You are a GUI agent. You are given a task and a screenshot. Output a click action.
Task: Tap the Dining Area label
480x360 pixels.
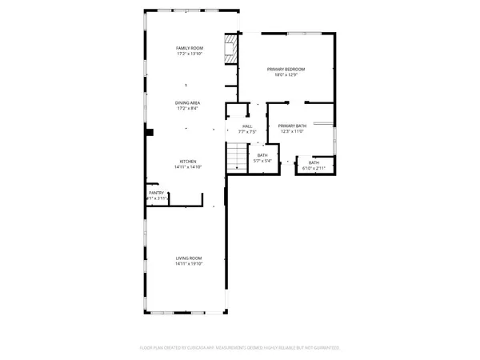tap(188, 103)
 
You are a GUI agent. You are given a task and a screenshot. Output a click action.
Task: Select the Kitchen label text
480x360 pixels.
tap(188, 161)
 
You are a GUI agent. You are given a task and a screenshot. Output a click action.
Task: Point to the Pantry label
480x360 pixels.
tap(156, 193)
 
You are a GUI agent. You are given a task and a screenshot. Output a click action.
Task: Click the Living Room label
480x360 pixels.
tap(188, 257)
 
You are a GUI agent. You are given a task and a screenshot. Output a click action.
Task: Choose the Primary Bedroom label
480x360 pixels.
tap(286, 70)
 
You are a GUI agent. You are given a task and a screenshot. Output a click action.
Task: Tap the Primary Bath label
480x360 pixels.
tap(292, 126)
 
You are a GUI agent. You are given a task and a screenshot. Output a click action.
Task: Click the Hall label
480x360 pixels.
tap(248, 126)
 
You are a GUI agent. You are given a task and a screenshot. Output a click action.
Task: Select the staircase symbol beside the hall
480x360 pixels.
tap(237, 157)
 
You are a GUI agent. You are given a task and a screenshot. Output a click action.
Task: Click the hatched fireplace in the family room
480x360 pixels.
tap(230, 48)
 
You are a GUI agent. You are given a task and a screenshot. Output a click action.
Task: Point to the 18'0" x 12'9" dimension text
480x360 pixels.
tap(286, 75)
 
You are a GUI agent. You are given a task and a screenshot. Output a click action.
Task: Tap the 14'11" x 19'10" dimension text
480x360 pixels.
tap(188, 262)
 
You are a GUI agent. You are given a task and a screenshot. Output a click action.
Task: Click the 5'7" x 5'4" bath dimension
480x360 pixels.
tap(262, 161)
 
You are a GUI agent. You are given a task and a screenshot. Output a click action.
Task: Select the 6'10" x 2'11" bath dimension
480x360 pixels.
tap(314, 168)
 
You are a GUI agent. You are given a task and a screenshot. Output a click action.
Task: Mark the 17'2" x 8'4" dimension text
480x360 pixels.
tap(188, 109)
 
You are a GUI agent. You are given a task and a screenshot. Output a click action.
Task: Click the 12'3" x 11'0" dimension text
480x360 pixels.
tap(292, 131)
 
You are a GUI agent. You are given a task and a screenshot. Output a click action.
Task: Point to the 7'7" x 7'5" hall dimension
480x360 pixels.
tap(248, 131)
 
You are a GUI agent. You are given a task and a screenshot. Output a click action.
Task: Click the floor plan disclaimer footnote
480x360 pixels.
tap(240, 348)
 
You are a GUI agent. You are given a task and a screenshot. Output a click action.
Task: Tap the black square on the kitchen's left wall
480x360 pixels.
tap(149, 131)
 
